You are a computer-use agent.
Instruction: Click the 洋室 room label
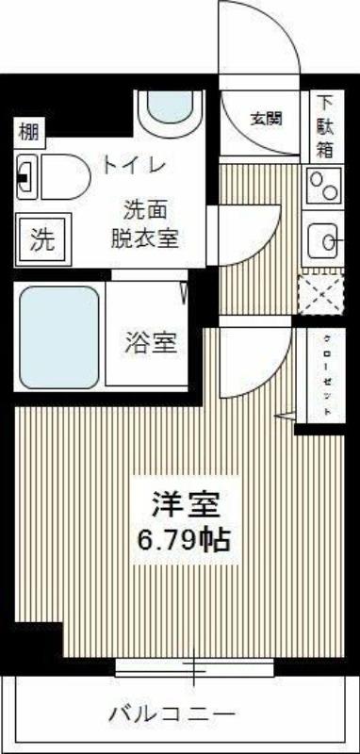tap(187, 505)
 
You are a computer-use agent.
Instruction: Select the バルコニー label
tap(172, 713)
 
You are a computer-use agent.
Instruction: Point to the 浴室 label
tap(152, 343)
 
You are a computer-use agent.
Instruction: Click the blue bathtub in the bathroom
tap(59, 338)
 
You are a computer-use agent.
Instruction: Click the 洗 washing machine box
tap(42, 239)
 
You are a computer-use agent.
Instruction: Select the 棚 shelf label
tap(30, 132)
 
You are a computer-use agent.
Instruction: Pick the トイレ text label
tap(135, 166)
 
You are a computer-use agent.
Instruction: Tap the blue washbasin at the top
tap(170, 107)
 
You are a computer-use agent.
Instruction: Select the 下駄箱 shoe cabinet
tap(325, 126)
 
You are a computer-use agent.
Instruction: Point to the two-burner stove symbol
tap(323, 185)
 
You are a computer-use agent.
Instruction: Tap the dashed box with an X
tap(321, 292)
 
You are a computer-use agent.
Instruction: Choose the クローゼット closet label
tap(327, 375)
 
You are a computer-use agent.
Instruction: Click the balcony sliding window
tap(195, 667)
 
